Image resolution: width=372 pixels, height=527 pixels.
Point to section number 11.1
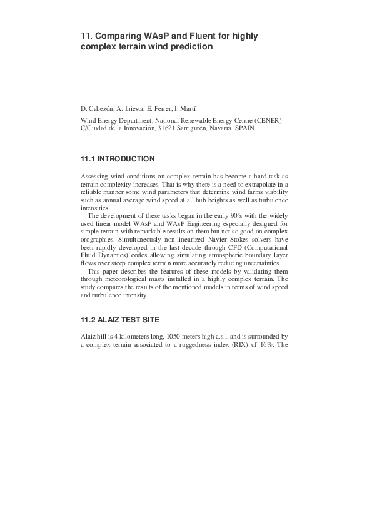pos(88,160)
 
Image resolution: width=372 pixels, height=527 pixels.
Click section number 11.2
pos(88,319)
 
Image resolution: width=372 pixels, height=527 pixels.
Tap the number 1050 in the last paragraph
pos(169,337)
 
